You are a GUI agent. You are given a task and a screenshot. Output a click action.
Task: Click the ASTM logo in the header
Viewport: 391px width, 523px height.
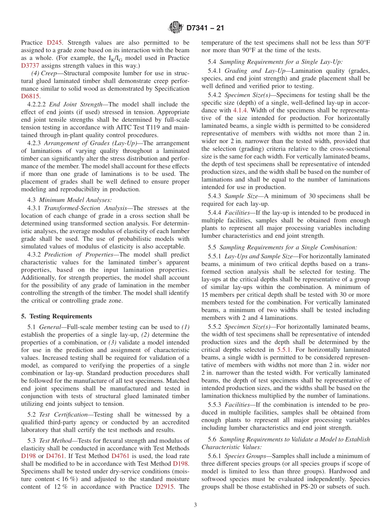(x=176, y=28)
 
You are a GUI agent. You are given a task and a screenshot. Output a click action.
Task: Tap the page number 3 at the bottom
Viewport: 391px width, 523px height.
(x=195, y=505)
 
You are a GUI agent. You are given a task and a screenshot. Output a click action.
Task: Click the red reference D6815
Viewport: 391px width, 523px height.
(x=30, y=96)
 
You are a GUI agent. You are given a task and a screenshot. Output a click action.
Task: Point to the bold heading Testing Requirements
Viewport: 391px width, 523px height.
(x=59, y=316)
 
